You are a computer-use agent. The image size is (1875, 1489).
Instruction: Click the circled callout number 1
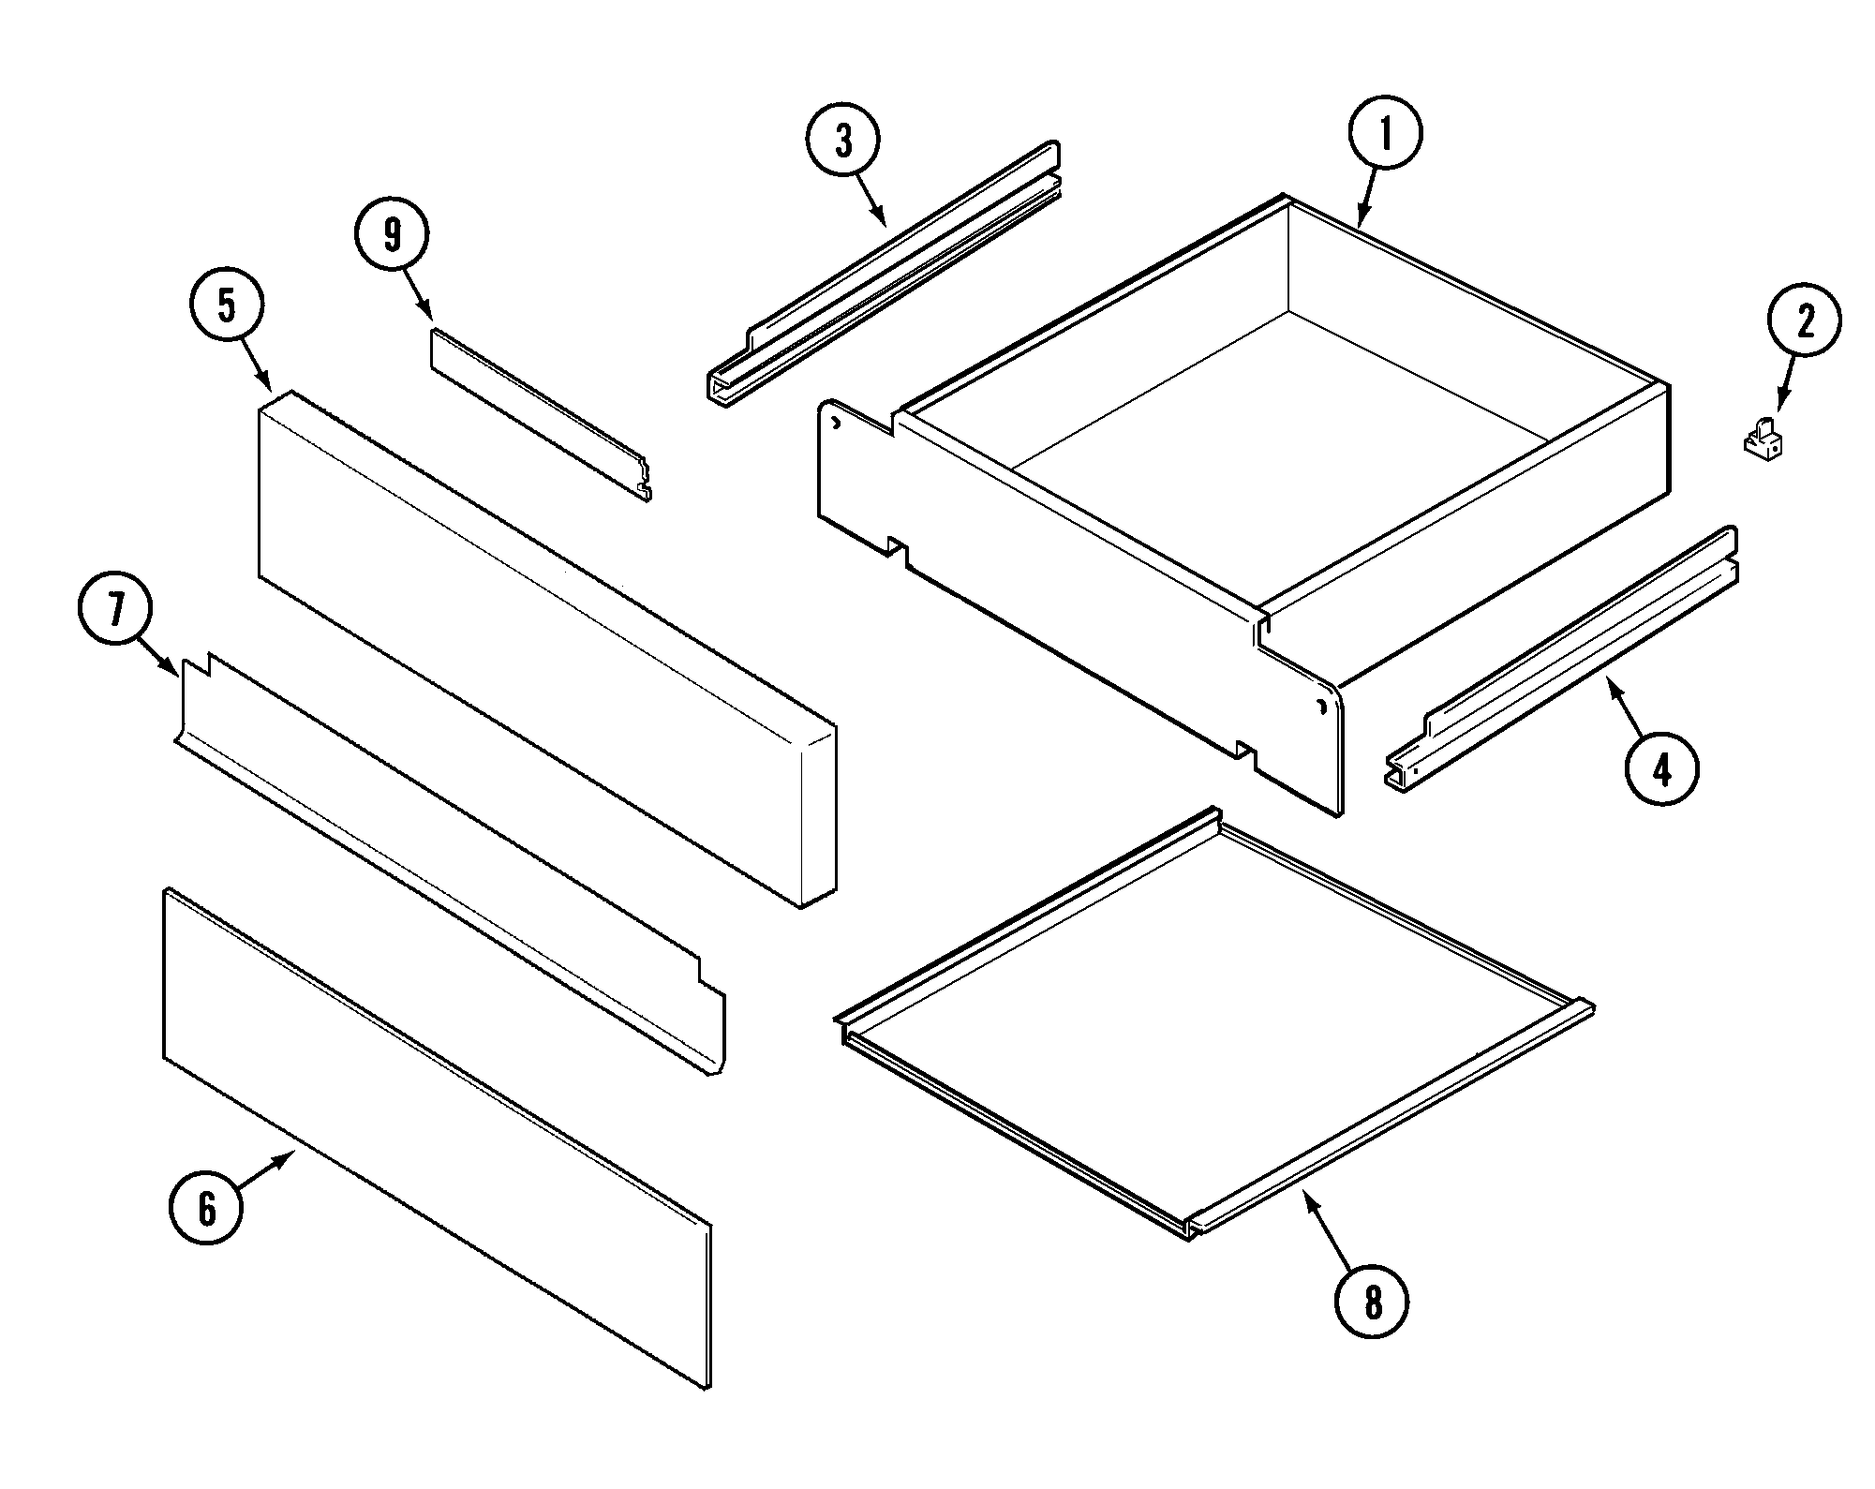tap(1385, 133)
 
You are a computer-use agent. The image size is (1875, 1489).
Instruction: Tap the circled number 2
tap(1804, 321)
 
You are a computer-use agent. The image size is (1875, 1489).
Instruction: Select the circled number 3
tap(843, 142)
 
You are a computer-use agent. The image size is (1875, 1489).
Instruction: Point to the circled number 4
tap(1661, 770)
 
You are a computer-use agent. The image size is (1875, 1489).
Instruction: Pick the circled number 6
tap(206, 1208)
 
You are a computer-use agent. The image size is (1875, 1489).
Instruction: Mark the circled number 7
tap(114, 611)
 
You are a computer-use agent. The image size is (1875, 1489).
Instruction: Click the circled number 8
tap(1372, 1302)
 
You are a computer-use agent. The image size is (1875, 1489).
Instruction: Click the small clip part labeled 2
tap(1762, 441)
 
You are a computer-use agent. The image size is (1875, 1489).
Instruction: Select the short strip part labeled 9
tap(539, 413)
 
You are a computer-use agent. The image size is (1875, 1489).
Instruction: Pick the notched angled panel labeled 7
tap(450, 862)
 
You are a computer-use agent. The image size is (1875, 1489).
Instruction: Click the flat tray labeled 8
tap(1209, 1021)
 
